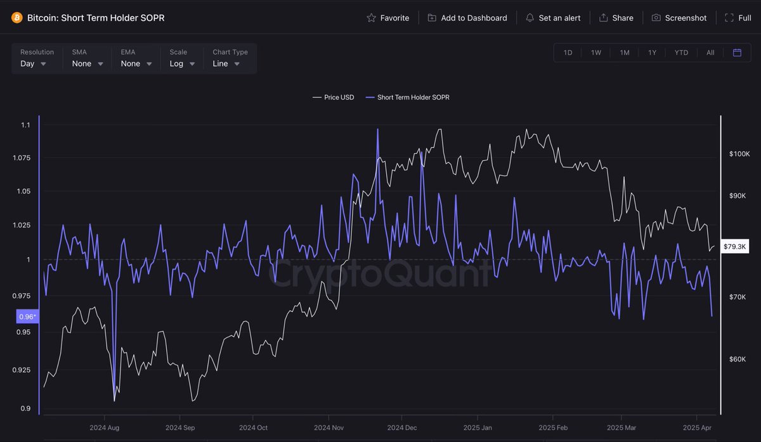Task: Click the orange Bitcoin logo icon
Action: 16,18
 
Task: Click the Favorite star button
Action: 387,18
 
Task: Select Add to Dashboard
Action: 467,18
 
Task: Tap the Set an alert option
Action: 553,18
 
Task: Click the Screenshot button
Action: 679,18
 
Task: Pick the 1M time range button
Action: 625,53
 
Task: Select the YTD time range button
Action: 681,53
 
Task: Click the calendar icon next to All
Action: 737,53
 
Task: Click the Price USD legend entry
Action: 334,97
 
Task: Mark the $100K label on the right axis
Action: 739,154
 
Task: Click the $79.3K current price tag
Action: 736,246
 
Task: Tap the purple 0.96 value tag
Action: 27,316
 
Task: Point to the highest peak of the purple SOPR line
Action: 378,129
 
